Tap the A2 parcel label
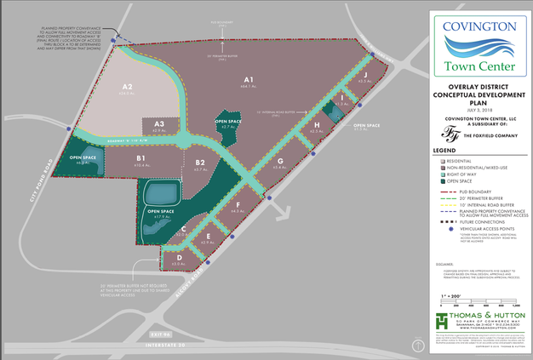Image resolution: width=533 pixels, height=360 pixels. click(x=128, y=87)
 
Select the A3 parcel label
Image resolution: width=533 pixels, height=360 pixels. click(x=158, y=124)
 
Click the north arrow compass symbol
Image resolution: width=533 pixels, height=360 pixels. click(x=418, y=345)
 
